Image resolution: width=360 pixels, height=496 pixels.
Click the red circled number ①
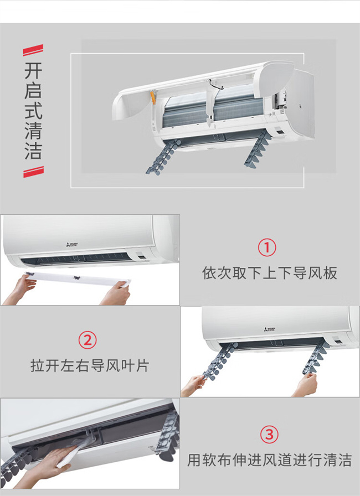[267, 247]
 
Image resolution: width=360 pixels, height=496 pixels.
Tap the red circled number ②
[88, 340]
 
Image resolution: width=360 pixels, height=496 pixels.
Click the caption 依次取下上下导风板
[270, 273]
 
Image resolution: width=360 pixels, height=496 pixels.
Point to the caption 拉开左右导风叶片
[90, 366]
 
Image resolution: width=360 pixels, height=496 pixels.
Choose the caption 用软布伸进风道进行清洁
[270, 460]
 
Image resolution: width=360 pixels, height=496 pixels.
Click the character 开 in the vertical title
[33, 71]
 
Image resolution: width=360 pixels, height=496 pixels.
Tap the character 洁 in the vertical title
[33, 151]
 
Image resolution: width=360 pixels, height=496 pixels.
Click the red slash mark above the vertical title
[33, 50]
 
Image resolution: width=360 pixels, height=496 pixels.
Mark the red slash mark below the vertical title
[34, 172]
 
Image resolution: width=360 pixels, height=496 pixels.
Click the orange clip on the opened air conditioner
[153, 97]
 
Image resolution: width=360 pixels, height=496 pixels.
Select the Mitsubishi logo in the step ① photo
[72, 245]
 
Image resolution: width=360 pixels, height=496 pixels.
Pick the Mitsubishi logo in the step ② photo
[270, 329]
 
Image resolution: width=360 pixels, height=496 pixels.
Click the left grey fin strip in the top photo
[163, 157]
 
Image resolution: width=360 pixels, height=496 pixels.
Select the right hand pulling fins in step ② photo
[305, 385]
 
